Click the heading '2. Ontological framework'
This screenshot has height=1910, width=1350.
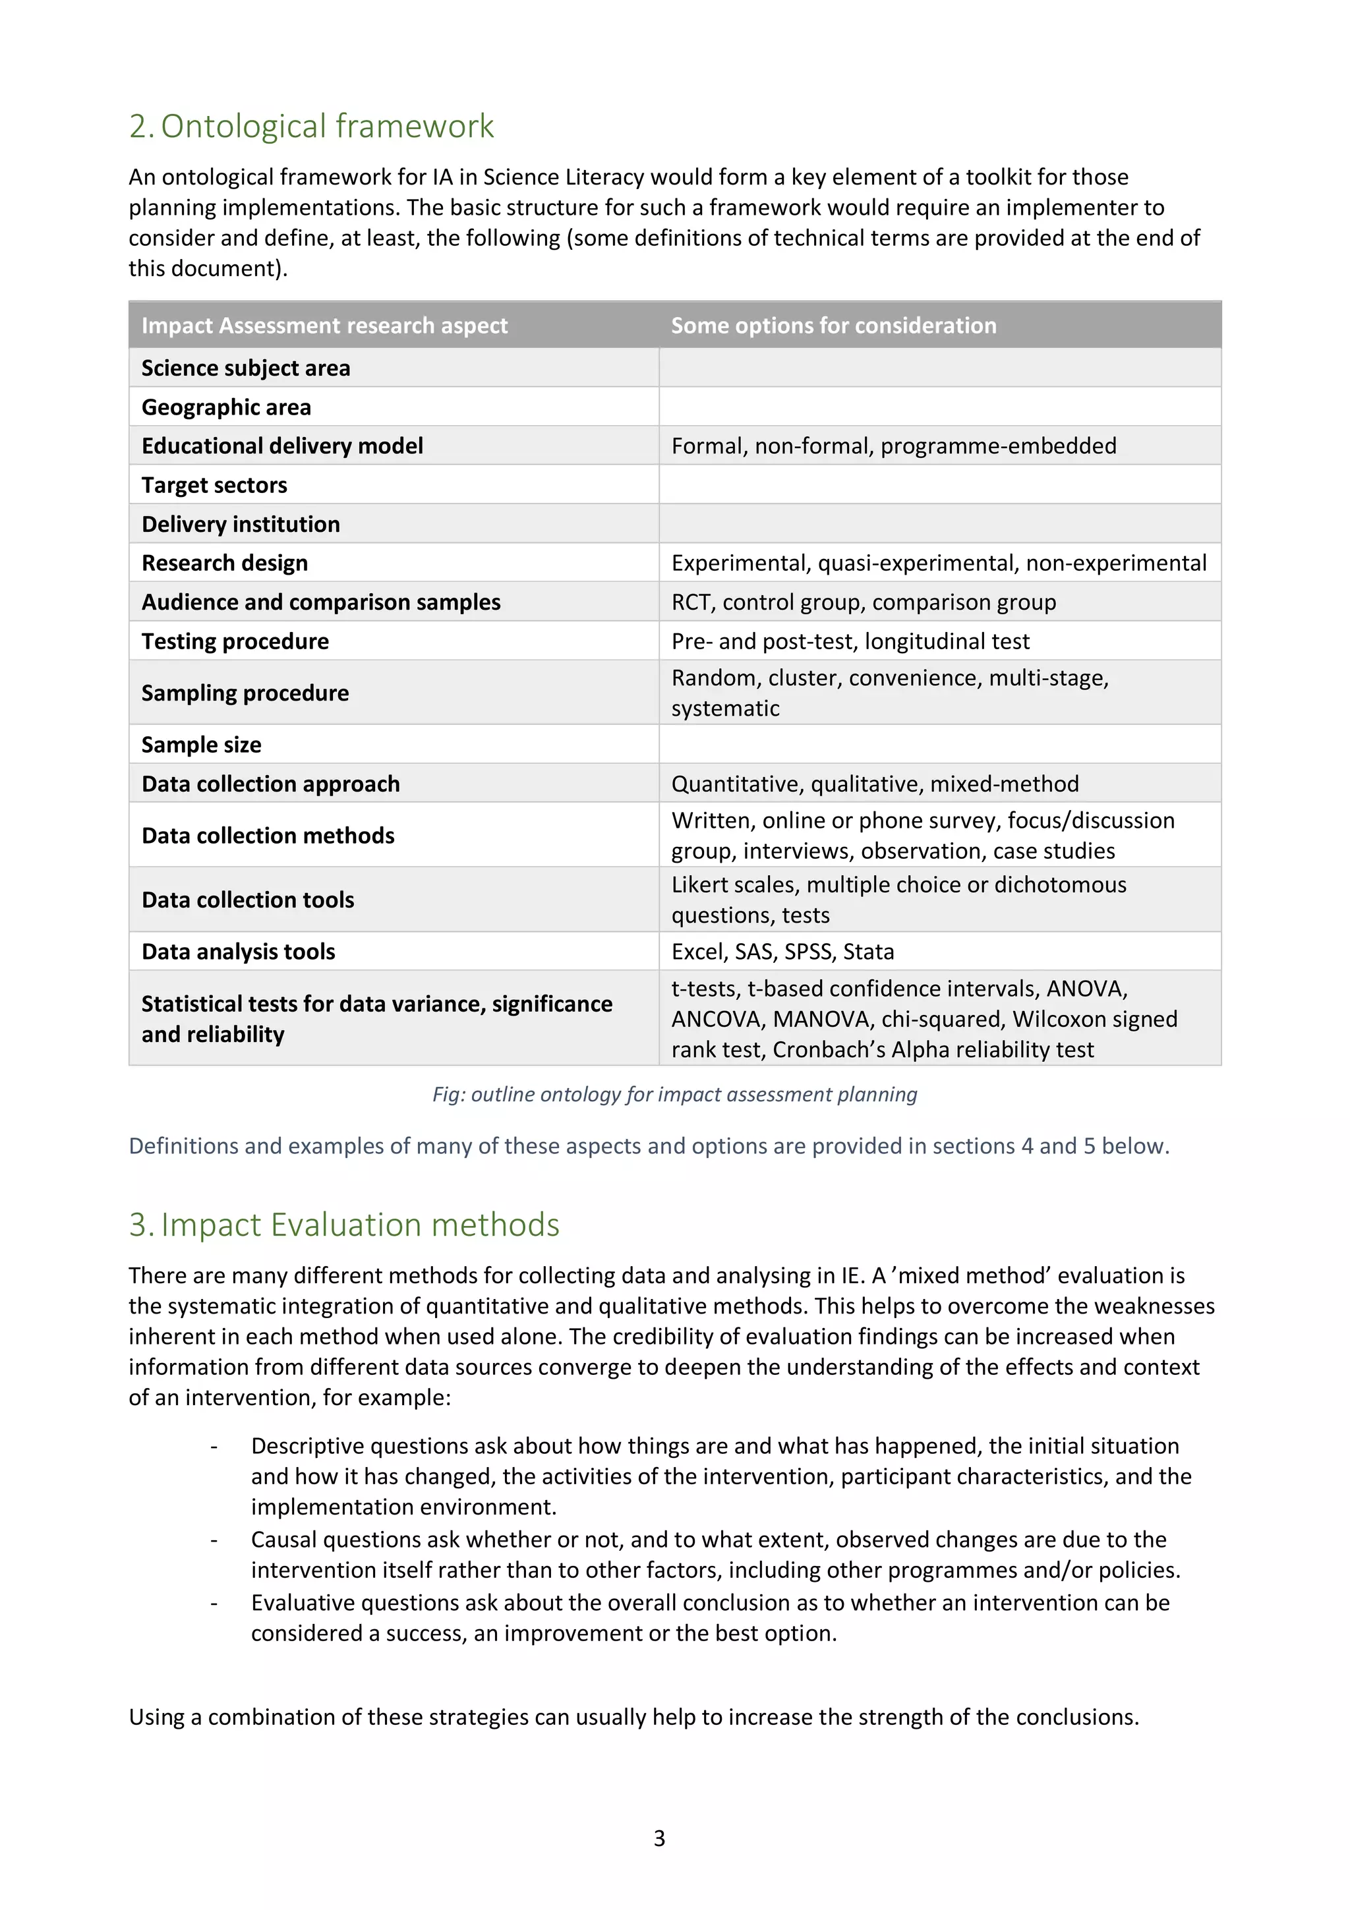pos(311,127)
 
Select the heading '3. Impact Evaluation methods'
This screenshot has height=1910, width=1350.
pos(343,1225)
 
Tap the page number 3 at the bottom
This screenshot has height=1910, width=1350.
pos(660,1838)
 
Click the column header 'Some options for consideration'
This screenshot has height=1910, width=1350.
pos(833,326)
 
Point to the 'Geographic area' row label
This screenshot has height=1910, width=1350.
pos(226,407)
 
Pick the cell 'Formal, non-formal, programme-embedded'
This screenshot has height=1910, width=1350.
pos(893,446)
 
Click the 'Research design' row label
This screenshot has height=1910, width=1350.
pos(225,564)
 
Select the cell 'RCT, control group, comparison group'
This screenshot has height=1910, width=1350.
pos(864,602)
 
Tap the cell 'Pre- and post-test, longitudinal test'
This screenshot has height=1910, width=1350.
pos(850,641)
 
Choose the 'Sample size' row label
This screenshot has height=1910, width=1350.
pos(201,745)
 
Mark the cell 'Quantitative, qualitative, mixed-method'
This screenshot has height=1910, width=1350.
pos(875,784)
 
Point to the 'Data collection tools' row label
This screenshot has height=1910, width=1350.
pos(248,900)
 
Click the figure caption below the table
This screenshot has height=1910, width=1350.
pos(674,1094)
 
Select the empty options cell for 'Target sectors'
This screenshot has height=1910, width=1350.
pos(940,485)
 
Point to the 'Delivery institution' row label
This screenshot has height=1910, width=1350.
pos(241,524)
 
